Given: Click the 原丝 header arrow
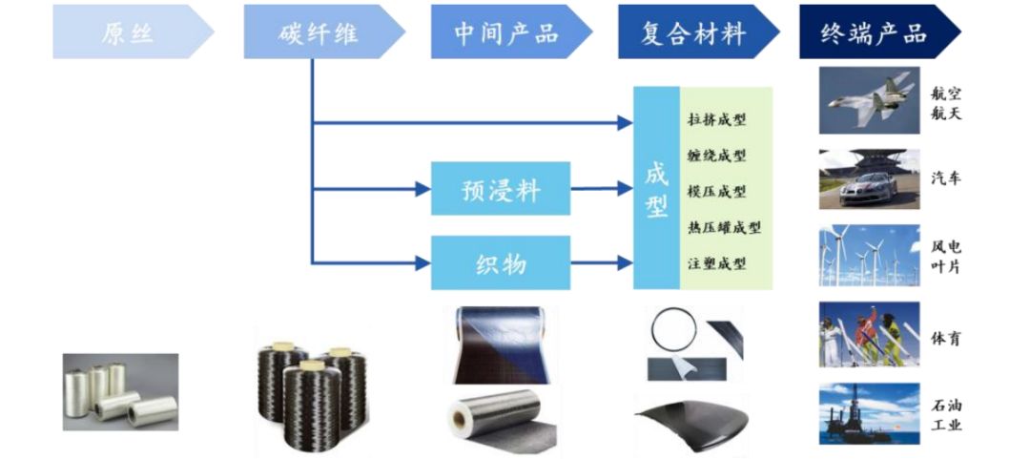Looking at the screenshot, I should (x=128, y=31).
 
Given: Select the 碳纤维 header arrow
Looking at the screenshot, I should (x=319, y=31).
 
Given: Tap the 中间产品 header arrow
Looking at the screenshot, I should (x=505, y=31).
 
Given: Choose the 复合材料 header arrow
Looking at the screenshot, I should (x=692, y=31).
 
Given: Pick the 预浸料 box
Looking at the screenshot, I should (x=500, y=189).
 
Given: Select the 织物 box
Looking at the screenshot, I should (x=500, y=262).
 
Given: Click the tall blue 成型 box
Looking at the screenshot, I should (x=656, y=188).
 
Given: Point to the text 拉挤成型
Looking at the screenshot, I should (x=716, y=120).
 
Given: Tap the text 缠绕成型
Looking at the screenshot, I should (x=716, y=156).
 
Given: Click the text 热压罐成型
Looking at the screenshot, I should (x=723, y=227).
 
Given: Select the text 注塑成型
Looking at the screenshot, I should (x=716, y=263).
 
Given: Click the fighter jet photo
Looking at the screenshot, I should (x=869, y=100).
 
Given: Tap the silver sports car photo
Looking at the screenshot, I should (x=869, y=178).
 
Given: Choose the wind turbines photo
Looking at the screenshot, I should (x=869, y=256).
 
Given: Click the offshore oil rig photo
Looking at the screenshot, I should (x=869, y=413).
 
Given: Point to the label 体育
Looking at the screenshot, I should (x=945, y=339).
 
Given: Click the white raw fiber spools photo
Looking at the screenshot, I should (x=120, y=391).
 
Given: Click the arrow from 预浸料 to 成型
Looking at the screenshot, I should (x=602, y=189).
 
